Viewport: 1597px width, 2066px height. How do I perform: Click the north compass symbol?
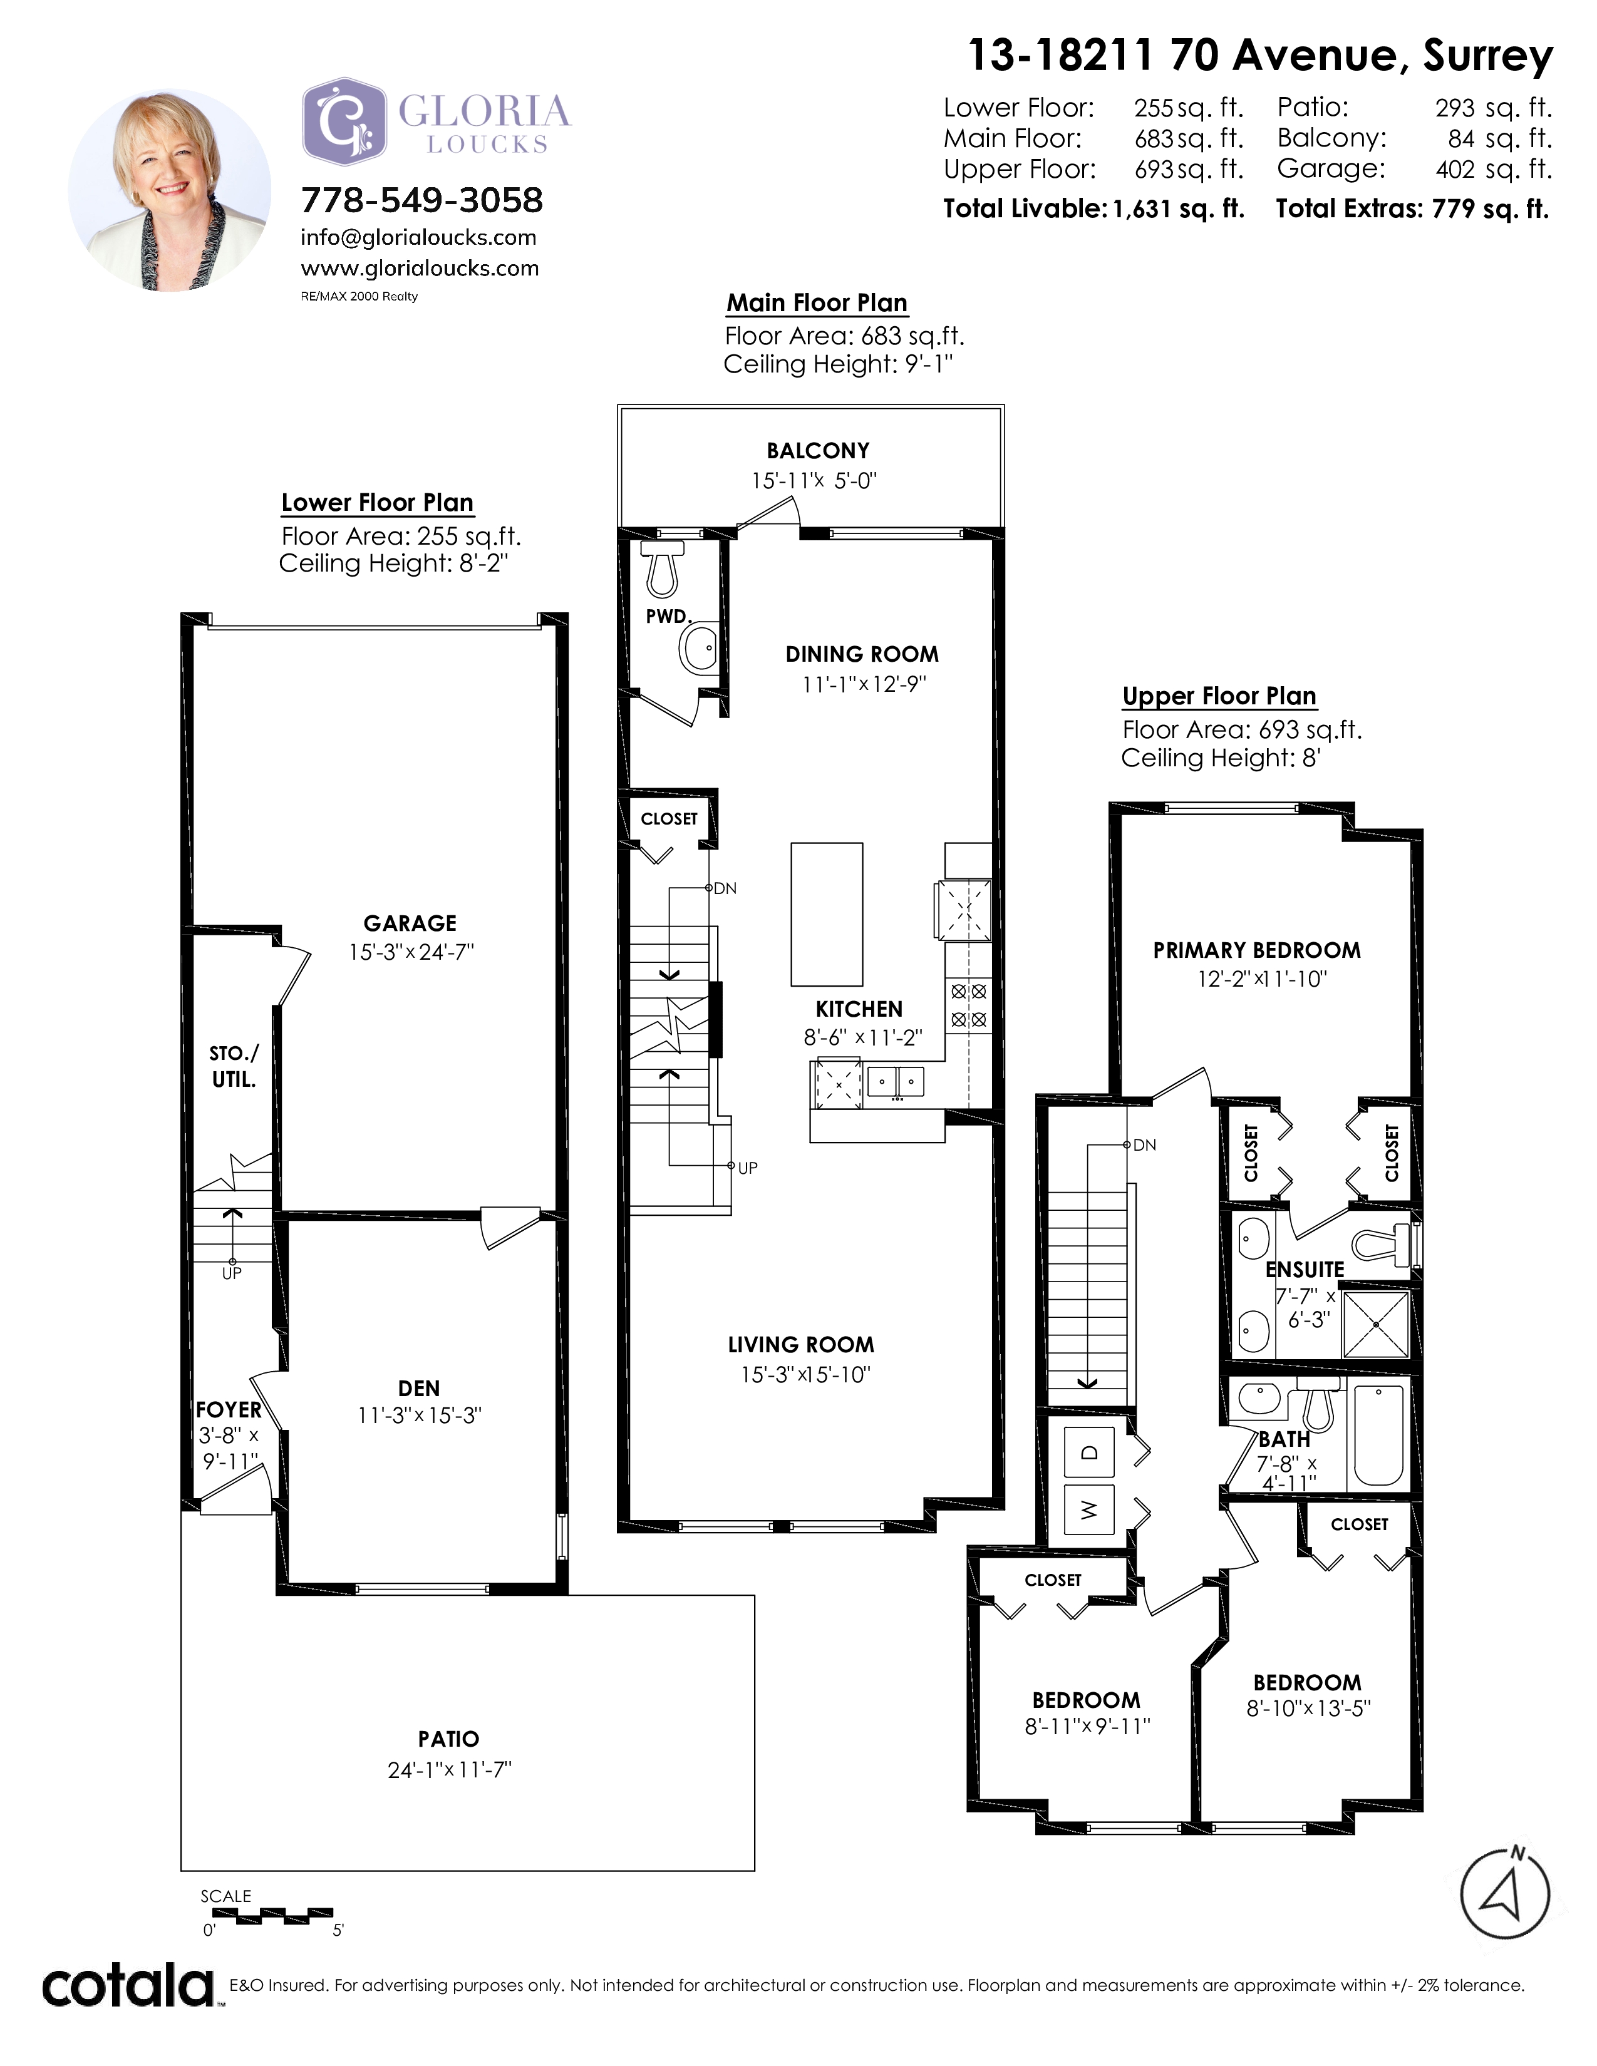click(1505, 1893)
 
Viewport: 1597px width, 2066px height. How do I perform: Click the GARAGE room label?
click(410, 923)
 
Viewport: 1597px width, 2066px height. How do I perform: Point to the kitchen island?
click(827, 915)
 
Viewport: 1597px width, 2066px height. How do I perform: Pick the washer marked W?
click(1089, 1510)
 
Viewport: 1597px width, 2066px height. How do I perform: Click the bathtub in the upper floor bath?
click(1378, 1436)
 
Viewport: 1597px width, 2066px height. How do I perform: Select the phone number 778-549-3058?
click(422, 200)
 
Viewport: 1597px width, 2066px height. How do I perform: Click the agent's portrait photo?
click(170, 190)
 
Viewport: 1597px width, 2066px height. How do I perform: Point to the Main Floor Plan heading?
click(817, 303)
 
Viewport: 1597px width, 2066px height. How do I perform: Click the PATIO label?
click(448, 1739)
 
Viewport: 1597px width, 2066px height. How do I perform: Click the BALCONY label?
click(817, 451)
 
